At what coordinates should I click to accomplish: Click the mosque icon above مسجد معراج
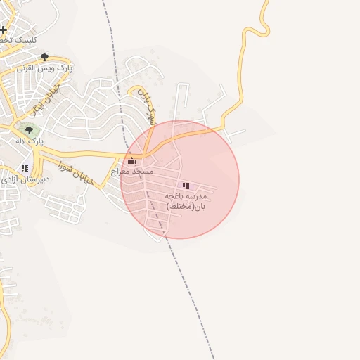click(131, 161)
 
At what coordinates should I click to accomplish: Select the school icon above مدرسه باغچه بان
click(186, 186)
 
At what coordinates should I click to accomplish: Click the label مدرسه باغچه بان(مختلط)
click(186, 200)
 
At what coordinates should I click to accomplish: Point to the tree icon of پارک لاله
click(30, 130)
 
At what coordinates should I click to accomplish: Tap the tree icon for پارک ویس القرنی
click(45, 57)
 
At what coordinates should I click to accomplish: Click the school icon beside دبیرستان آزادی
click(25, 168)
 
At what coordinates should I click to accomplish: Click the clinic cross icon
click(4, 30)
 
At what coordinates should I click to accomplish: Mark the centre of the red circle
click(180, 180)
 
